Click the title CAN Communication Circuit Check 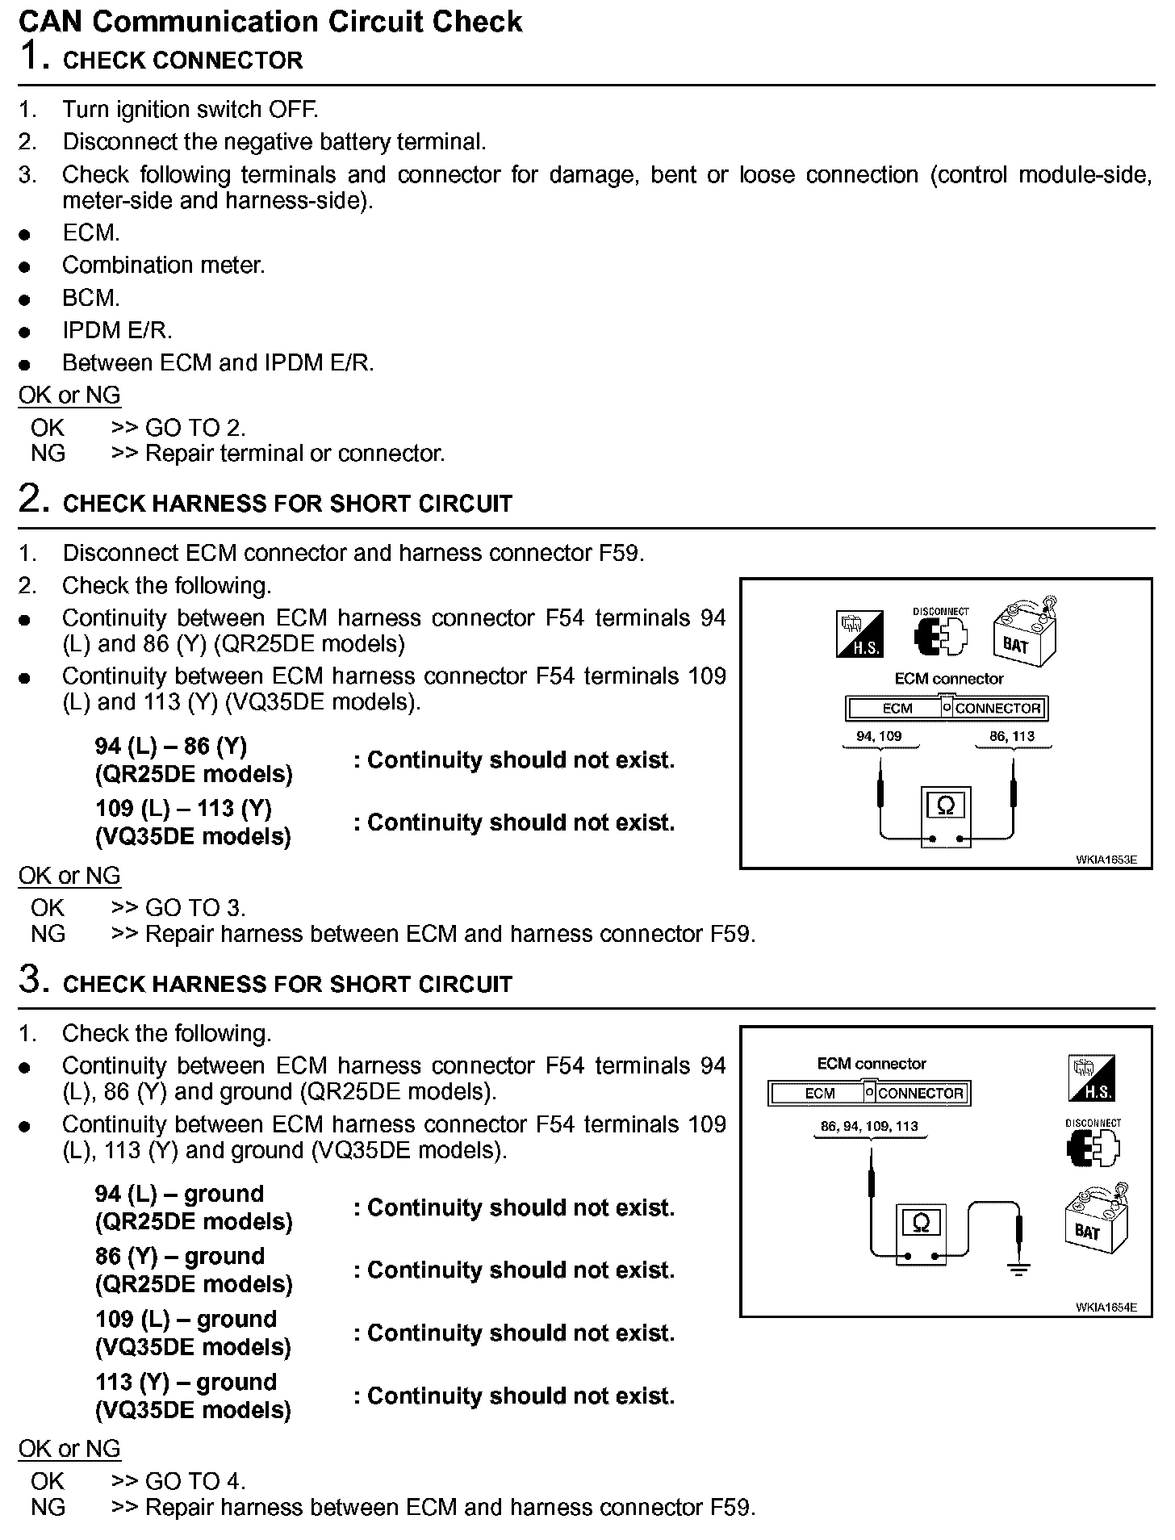pos(270,21)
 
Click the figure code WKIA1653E pos(1106,860)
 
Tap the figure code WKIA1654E pos(1106,1307)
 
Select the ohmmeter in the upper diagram pos(946,817)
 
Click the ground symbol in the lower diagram pos(1020,1270)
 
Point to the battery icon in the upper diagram pos(1022,632)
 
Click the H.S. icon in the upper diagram pos(859,634)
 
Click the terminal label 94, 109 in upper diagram pos(879,736)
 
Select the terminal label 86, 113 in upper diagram pos(1012,736)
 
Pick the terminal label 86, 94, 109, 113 pos(869,1126)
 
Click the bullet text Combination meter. pos(163,266)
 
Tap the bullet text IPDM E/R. pos(117,330)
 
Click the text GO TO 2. pos(194,428)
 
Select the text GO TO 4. pos(194,1481)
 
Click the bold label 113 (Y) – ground pos(186,1382)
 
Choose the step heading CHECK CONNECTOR pos(182,61)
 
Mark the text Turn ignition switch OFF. pos(190,110)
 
